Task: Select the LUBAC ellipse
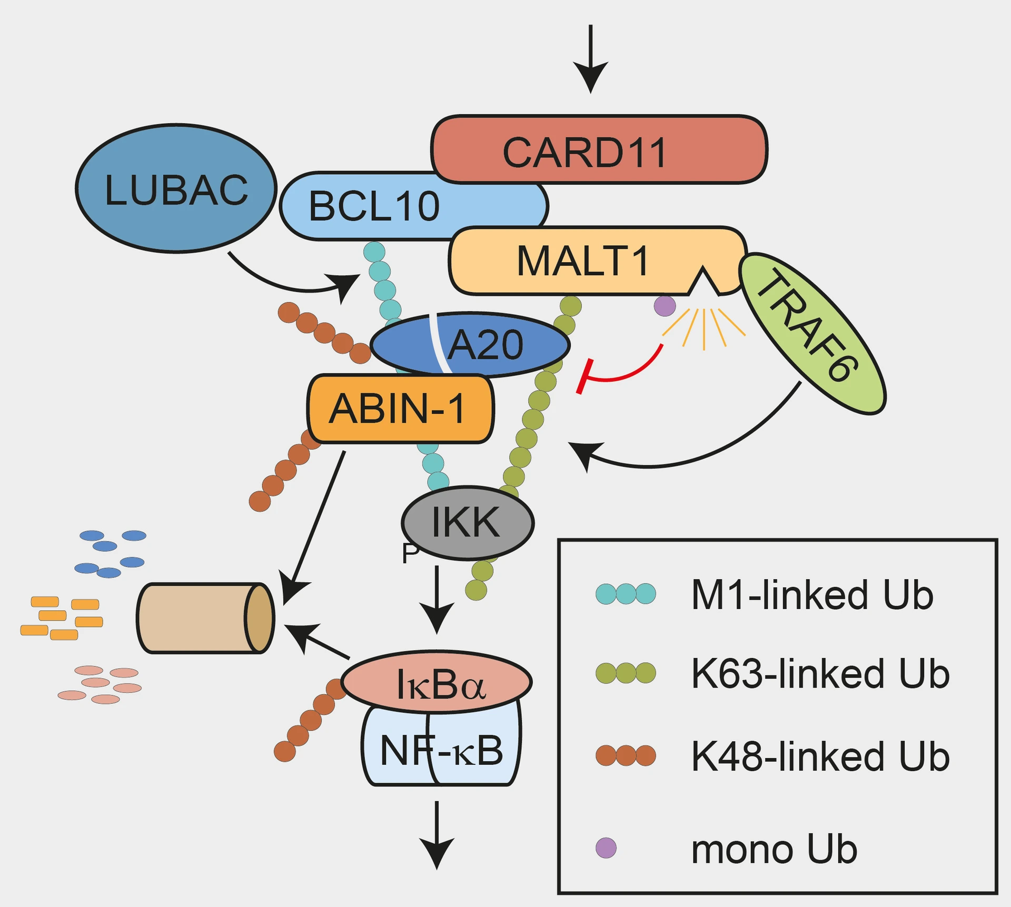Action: click(176, 189)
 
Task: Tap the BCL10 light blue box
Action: click(374, 206)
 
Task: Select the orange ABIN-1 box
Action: click(399, 409)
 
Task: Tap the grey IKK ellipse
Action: click(467, 522)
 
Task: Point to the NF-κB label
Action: click(441, 751)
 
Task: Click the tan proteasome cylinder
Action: click(205, 618)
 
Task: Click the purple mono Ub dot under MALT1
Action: click(665, 305)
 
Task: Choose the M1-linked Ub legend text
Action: click(811, 595)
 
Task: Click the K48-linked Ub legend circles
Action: click(626, 755)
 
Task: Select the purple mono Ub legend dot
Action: click(606, 848)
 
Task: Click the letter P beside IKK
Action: click(410, 554)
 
